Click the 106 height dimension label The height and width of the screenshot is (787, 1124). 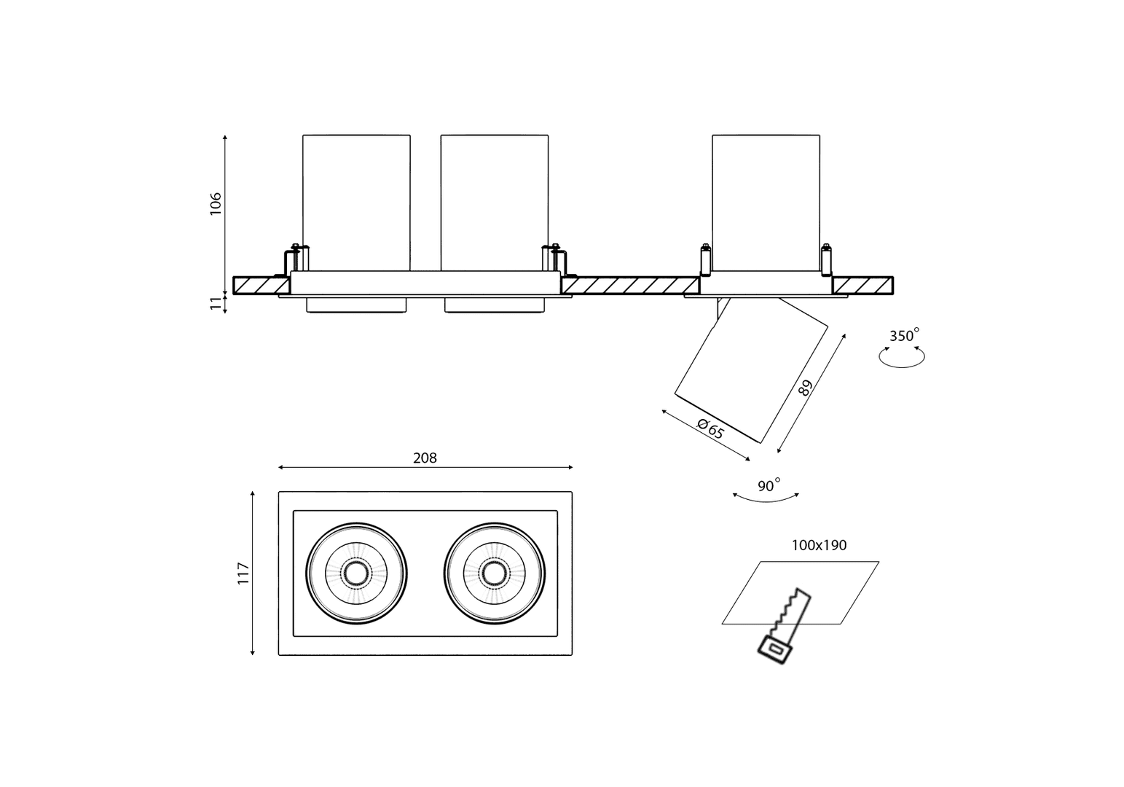click(215, 204)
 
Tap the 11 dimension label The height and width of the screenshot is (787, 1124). click(215, 304)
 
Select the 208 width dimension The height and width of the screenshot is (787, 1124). click(425, 458)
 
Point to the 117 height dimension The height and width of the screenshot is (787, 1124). click(243, 573)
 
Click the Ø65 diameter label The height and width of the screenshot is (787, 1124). click(710, 428)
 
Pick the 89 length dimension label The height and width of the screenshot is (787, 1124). click(804, 387)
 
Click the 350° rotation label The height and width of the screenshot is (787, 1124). click(904, 336)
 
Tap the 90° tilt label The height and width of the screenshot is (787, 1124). click(769, 486)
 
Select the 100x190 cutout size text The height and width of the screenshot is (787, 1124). click(819, 545)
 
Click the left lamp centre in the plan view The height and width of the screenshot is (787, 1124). click(356, 573)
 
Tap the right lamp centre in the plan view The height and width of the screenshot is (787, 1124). click(494, 573)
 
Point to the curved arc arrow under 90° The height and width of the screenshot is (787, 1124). click(766, 498)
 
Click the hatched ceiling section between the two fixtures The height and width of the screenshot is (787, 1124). click(630, 285)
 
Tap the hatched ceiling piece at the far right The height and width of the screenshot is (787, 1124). click(863, 285)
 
